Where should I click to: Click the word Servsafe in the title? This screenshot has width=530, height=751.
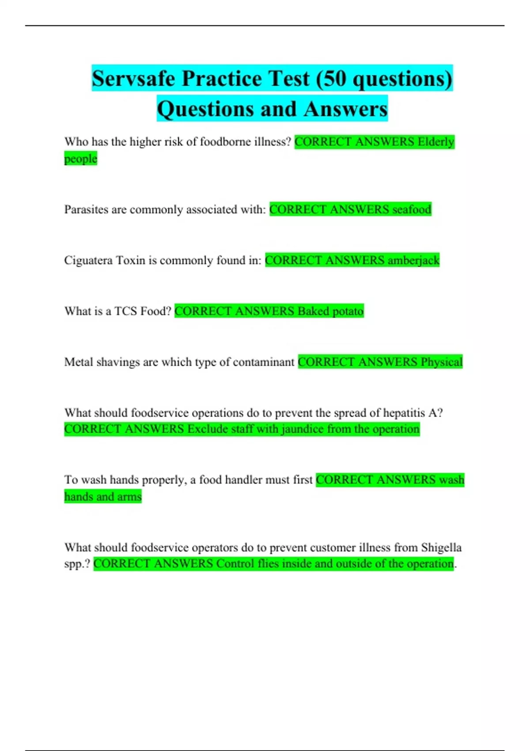[133, 79]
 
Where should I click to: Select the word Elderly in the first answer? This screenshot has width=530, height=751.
[436, 142]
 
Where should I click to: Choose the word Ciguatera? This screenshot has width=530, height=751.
[88, 260]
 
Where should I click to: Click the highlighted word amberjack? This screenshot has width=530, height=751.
[413, 260]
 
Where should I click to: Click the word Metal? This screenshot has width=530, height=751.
[78, 362]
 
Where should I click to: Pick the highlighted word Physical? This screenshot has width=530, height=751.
[441, 362]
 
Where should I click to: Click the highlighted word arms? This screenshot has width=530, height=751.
[129, 497]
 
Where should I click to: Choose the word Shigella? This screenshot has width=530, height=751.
[441, 547]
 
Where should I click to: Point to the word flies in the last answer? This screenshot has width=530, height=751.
[268, 564]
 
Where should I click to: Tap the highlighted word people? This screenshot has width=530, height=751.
[80, 159]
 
